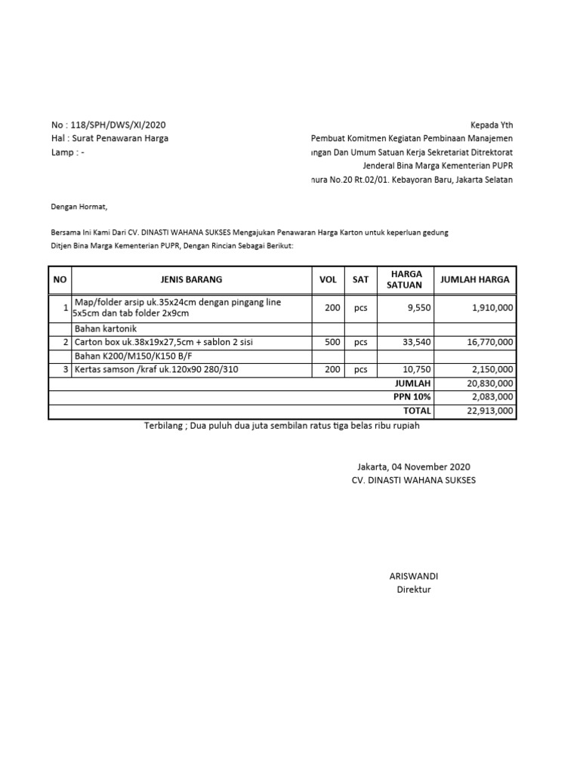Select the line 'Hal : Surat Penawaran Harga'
(x=110, y=138)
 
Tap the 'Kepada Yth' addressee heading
(x=491, y=125)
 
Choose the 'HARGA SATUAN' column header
(x=404, y=279)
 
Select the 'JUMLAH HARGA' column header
(x=474, y=279)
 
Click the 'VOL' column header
(x=328, y=279)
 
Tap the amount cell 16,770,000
(x=489, y=342)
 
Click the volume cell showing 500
(x=332, y=342)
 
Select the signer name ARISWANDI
(x=413, y=576)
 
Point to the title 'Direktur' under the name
(x=413, y=590)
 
